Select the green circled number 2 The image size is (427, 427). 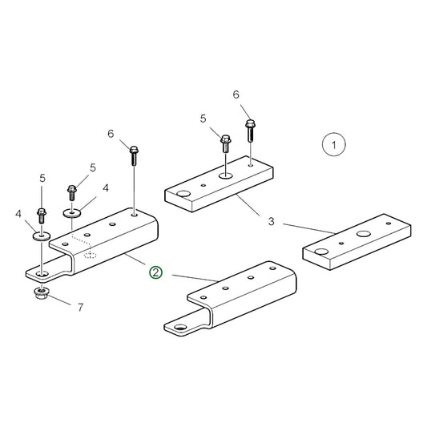(x=155, y=272)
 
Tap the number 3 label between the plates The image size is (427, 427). (x=271, y=220)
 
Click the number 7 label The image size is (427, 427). (x=79, y=307)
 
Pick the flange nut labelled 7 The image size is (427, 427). (x=42, y=294)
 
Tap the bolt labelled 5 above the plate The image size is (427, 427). (x=226, y=144)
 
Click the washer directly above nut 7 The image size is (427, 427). (x=40, y=236)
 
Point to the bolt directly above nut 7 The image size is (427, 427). (x=41, y=216)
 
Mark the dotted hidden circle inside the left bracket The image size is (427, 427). (x=91, y=256)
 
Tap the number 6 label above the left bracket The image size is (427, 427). (x=111, y=133)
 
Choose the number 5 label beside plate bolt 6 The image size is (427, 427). (x=203, y=119)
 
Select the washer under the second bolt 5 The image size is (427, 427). (x=73, y=214)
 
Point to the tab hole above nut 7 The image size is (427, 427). (x=42, y=274)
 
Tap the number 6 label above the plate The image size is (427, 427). (x=236, y=95)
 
